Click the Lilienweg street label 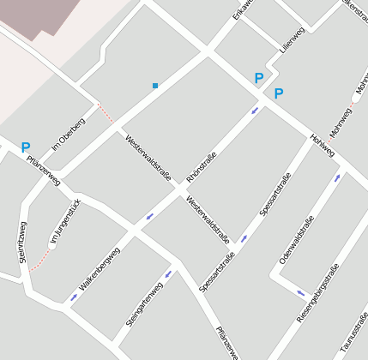(x=293, y=43)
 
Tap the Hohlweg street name (x=323, y=146)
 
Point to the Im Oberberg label (x=68, y=131)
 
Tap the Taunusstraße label (x=354, y=336)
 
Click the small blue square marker (x=155, y=86)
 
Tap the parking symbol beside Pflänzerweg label (x=25, y=147)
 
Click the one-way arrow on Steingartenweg (x=167, y=274)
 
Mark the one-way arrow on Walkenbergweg (x=74, y=297)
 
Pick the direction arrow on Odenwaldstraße (x=337, y=178)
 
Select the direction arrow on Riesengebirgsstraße (x=300, y=293)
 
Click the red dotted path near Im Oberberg (x=106, y=112)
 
